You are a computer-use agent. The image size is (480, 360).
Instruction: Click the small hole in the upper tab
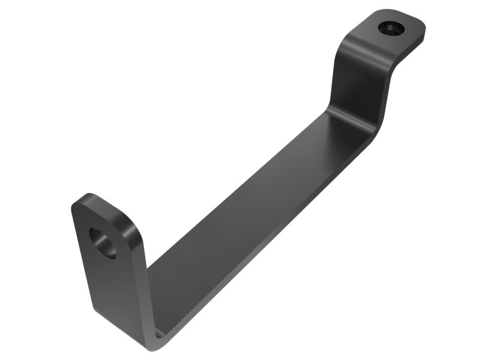[390, 28]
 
